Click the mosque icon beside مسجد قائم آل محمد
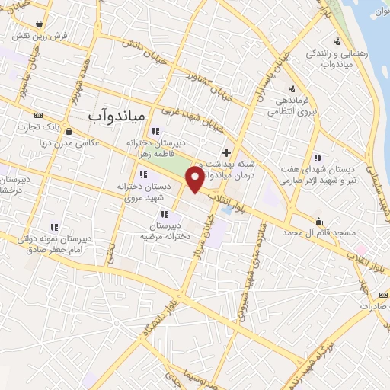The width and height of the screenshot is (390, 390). click(x=318, y=222)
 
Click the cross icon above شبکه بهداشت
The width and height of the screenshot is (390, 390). click(x=226, y=152)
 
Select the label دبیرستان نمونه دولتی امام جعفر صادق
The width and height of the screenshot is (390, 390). click(x=59, y=243)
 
